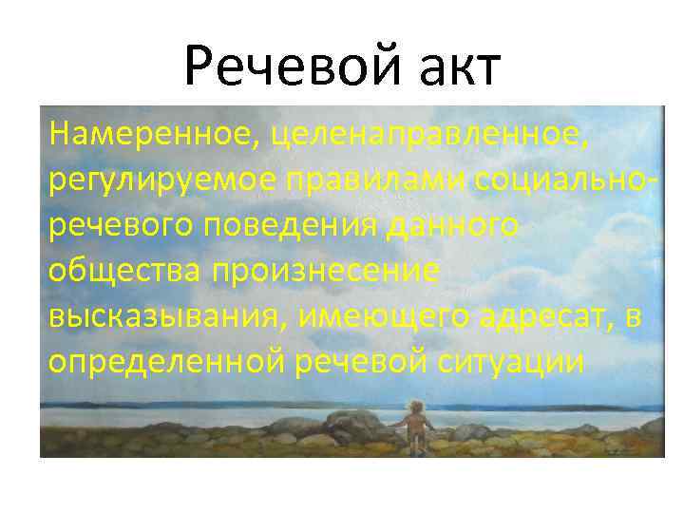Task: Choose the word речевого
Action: (x=115, y=226)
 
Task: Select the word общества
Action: (x=124, y=271)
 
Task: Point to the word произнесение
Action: (x=326, y=271)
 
